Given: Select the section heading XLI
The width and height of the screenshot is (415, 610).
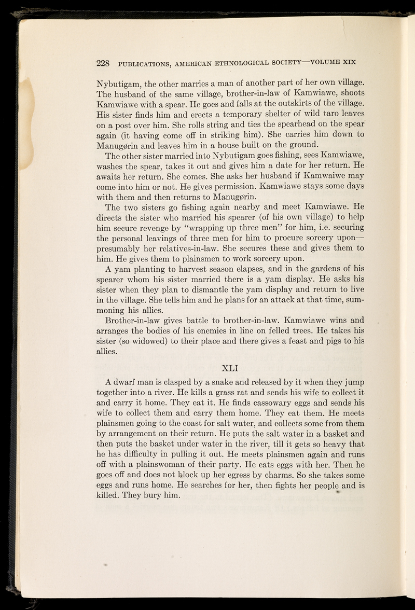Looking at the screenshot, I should tap(229, 369).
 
